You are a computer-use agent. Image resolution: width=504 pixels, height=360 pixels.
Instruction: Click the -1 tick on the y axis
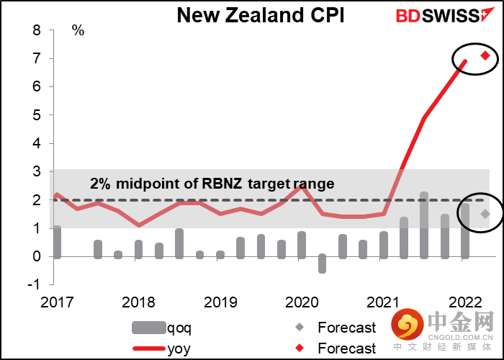pyautogui.click(x=33, y=284)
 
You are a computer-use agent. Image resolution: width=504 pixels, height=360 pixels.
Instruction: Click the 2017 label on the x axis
pyautogui.click(x=55, y=302)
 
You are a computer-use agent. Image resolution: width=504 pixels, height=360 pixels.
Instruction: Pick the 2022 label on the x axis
pyautogui.click(x=464, y=302)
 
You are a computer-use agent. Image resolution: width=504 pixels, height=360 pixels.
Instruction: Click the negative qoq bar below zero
pyautogui.click(x=322, y=264)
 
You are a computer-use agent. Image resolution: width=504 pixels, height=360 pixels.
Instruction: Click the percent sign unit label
pyautogui.click(x=78, y=31)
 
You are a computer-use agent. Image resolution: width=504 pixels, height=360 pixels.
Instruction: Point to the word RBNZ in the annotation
pyautogui.click(x=222, y=184)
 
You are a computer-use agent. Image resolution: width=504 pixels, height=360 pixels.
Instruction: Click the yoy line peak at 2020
pyautogui.click(x=302, y=186)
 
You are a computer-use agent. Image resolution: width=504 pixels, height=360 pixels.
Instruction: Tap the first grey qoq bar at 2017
pyautogui.click(x=57, y=242)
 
